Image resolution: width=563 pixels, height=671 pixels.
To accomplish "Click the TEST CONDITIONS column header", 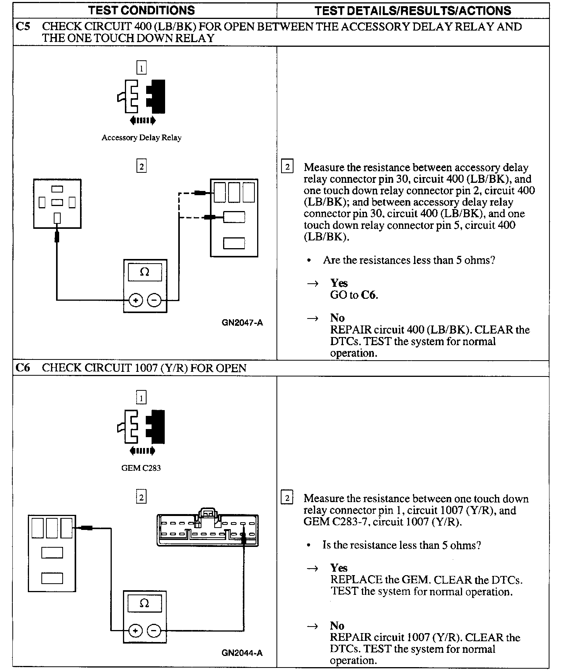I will point(142,10).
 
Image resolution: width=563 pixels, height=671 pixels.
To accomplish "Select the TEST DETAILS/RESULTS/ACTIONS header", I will point(413,10).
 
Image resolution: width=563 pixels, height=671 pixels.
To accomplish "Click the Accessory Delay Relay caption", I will point(142,138).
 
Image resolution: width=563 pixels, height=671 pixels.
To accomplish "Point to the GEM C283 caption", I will point(141,468).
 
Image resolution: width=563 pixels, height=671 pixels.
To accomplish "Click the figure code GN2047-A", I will point(242,323).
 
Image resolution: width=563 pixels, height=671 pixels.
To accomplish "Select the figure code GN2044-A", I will point(242,653).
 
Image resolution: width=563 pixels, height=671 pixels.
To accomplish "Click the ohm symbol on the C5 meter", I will point(145,272).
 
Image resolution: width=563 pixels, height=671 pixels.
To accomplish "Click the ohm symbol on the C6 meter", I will point(144,603).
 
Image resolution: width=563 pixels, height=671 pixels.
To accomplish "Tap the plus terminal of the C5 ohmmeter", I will point(136,300).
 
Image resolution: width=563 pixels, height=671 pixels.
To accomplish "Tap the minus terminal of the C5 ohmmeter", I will point(154,300).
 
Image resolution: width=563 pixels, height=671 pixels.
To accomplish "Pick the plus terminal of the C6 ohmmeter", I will point(135,631).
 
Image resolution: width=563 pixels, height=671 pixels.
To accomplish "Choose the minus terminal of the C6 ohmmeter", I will point(154,631).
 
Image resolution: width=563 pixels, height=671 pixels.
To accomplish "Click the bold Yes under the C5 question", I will point(339,283).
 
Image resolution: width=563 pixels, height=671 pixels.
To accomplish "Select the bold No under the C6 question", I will point(337,626).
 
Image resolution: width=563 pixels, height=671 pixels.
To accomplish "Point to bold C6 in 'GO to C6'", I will point(369,295).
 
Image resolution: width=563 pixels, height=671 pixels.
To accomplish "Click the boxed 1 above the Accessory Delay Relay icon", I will point(142,68).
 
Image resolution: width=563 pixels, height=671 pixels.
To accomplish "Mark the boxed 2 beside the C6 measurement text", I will point(287,498).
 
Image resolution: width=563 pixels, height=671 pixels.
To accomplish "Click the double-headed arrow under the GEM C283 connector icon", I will point(142,451).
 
